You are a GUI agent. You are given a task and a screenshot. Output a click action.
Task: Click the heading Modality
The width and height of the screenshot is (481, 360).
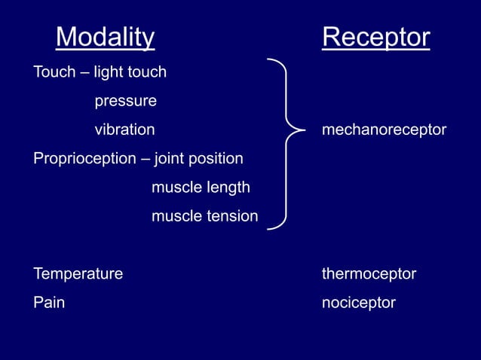(105, 37)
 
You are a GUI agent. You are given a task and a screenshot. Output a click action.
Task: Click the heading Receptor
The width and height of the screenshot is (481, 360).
(375, 37)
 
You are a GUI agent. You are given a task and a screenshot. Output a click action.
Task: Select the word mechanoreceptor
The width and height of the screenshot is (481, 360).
(384, 130)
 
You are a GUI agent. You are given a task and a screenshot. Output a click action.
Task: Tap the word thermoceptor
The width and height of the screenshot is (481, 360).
(369, 274)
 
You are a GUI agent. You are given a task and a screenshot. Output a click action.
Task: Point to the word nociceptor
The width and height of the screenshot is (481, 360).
(358, 303)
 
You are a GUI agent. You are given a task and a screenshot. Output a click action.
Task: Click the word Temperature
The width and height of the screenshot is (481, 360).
(78, 274)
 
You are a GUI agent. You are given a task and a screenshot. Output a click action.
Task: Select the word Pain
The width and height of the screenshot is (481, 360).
(49, 303)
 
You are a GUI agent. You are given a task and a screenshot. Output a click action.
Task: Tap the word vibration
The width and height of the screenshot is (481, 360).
(124, 130)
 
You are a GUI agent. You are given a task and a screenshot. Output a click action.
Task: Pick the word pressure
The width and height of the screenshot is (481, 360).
(125, 102)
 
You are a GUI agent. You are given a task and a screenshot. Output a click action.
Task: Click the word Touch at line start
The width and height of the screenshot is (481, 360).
(54, 73)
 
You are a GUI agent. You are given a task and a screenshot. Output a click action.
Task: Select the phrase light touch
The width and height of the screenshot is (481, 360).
(130, 73)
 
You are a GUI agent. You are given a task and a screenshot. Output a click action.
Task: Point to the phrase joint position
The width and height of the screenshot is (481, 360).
(198, 160)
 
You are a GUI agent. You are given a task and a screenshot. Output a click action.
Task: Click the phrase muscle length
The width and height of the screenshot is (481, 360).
(201, 188)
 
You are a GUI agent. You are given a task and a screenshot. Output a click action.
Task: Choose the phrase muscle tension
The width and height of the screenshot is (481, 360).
(204, 217)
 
